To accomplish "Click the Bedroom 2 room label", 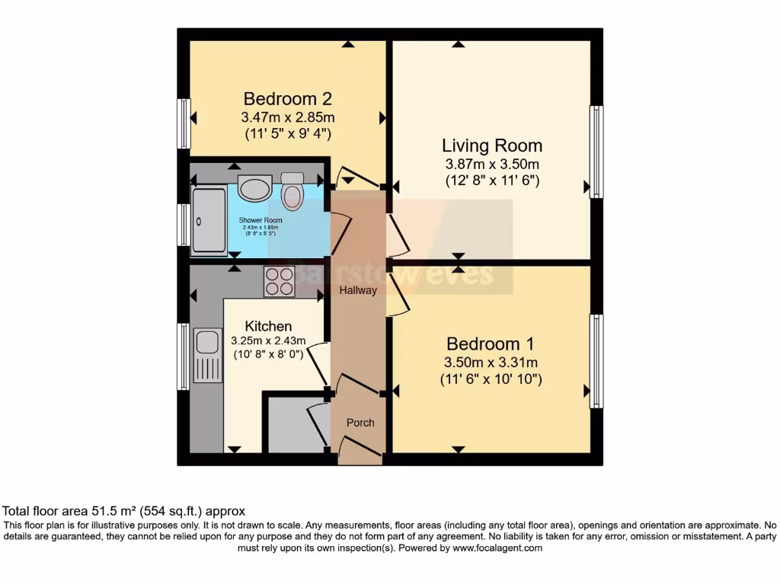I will [288, 99].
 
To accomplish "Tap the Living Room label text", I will [492, 145].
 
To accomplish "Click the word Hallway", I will [358, 290].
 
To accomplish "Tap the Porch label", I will [360, 423].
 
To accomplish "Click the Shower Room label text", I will [261, 220].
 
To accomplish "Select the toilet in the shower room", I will [292, 192].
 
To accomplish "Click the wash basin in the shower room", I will [254, 187].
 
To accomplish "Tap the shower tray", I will [209, 220].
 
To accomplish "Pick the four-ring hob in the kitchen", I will [280, 282].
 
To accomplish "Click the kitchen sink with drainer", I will [206, 354].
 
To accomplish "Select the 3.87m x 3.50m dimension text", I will [492, 165].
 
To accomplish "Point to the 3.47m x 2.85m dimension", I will [288, 117].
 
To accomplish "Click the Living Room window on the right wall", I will [596, 152].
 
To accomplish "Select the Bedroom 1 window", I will [596, 360].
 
